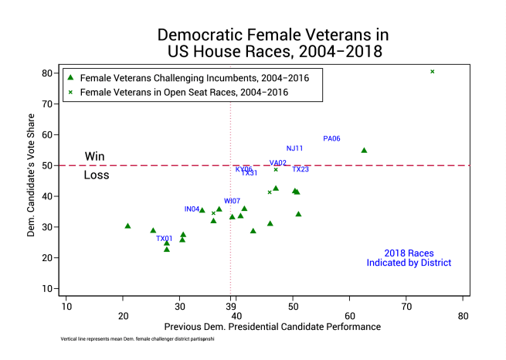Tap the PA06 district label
(331, 139)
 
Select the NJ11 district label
(294, 148)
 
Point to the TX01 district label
(165, 239)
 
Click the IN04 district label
(192, 209)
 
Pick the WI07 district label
(232, 201)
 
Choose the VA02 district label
(278, 163)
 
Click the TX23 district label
(301, 169)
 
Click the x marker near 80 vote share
(433, 72)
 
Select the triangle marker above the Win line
(364, 151)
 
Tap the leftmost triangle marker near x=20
(127, 226)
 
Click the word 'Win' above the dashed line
(94, 156)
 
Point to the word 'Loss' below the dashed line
(96, 175)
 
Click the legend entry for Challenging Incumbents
(184, 78)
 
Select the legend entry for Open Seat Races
(184, 92)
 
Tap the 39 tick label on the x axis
(231, 315)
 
